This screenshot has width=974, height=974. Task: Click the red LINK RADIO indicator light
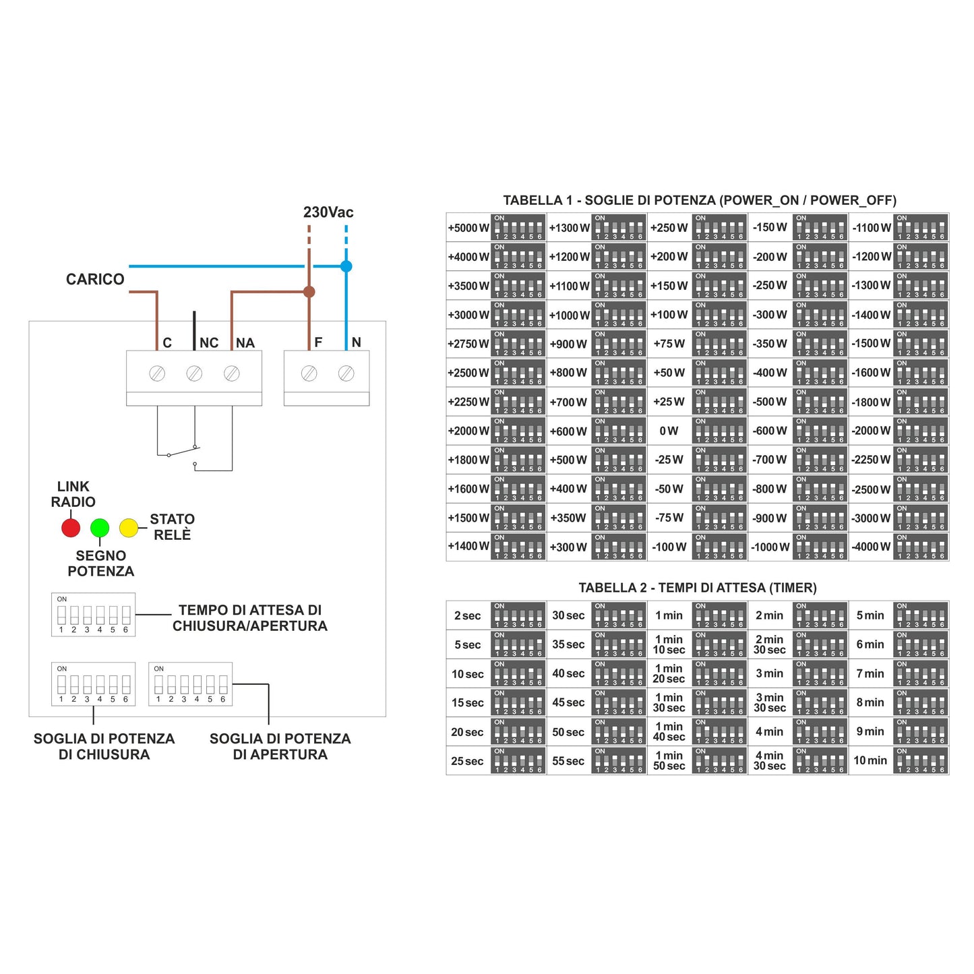(x=71, y=528)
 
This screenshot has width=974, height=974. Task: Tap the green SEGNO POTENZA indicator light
(x=100, y=528)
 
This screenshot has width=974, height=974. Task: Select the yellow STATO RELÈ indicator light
(x=129, y=528)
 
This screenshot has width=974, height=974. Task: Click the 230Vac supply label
(x=328, y=212)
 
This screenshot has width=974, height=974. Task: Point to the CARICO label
(x=95, y=279)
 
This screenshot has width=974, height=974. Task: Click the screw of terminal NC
(x=194, y=373)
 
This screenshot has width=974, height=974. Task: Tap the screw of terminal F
(x=309, y=373)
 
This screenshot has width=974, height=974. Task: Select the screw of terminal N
(x=346, y=373)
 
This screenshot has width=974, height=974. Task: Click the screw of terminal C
(x=157, y=373)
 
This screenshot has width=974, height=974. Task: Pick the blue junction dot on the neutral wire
(x=346, y=266)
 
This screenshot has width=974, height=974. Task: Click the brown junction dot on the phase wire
(x=309, y=292)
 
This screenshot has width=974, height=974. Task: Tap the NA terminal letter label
(x=245, y=343)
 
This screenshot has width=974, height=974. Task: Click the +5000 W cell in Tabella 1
(x=468, y=228)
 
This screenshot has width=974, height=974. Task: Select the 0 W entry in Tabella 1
(x=669, y=431)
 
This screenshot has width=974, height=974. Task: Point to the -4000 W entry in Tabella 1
(x=872, y=547)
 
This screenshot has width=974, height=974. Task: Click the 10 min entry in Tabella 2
(x=870, y=760)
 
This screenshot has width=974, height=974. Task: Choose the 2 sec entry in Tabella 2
(x=468, y=615)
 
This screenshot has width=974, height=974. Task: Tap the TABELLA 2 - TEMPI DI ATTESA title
(x=698, y=588)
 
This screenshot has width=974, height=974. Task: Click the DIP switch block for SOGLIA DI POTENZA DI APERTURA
(x=190, y=684)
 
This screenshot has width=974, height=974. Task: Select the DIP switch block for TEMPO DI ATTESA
(x=94, y=615)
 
